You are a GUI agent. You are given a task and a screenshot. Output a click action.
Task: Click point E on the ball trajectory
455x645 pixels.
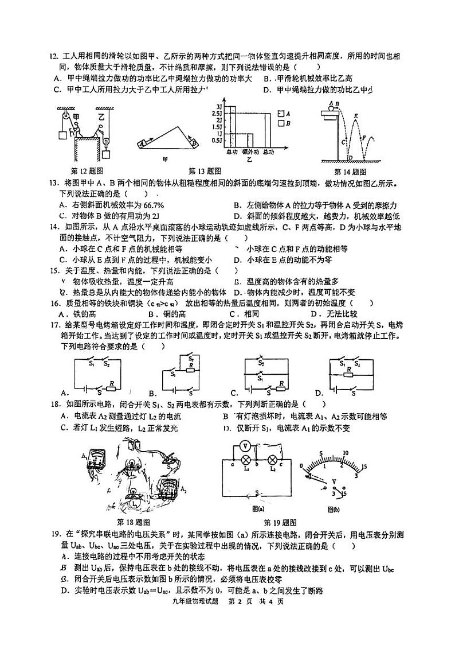point(356,117)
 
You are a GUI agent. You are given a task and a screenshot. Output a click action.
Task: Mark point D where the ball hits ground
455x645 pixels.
point(349,157)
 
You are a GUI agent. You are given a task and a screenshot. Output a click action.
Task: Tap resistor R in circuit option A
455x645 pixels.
point(112,382)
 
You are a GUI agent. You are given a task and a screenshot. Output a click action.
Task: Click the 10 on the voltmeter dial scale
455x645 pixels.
point(346,452)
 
